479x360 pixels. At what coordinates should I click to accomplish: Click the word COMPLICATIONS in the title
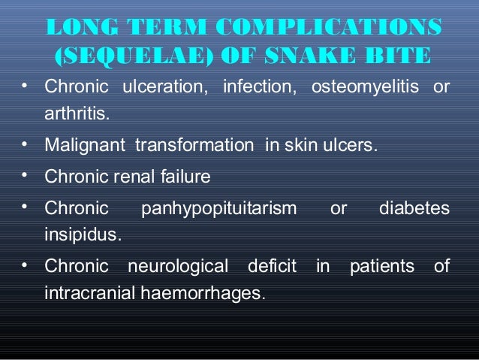pyautogui.click(x=328, y=27)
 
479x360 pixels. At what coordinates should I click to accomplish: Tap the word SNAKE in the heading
pyautogui.click(x=319, y=56)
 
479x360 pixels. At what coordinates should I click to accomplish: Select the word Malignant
pyautogui.click(x=86, y=145)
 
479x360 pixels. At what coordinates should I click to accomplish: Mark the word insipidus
pyautogui.click(x=82, y=235)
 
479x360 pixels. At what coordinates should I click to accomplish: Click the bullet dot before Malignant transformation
pyautogui.click(x=26, y=144)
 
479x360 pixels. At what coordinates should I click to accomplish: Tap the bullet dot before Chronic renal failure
pyautogui.click(x=26, y=175)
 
